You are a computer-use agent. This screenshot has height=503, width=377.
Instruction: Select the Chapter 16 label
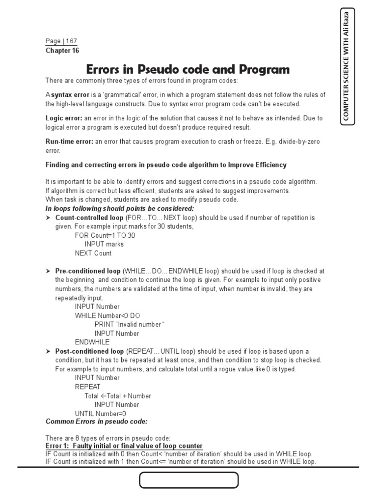pyautogui.click(x=62, y=51)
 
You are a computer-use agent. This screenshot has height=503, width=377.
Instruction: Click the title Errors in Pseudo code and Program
pyautogui.click(x=188, y=69)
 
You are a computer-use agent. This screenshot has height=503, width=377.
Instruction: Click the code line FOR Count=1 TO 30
pyautogui.click(x=105, y=235)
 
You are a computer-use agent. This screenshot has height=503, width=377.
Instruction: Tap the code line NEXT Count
pyautogui.click(x=93, y=253)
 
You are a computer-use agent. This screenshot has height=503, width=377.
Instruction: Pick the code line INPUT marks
pyautogui.click(x=104, y=244)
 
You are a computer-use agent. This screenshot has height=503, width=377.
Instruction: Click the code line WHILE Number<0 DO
pyautogui.click(x=107, y=315)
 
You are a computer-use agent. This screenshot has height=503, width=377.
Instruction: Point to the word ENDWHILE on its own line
pyautogui.click(x=92, y=342)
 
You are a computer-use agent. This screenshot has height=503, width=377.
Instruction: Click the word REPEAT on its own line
pyautogui.click(x=87, y=387)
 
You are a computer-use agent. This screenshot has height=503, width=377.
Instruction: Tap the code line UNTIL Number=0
pyautogui.click(x=100, y=414)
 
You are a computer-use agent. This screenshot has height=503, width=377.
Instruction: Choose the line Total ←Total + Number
pyautogui.click(x=118, y=396)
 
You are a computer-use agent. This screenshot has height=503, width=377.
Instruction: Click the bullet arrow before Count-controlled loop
pyautogui.click(x=49, y=217)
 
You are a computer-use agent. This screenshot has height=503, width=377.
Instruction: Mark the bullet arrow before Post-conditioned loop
pyautogui.click(x=49, y=351)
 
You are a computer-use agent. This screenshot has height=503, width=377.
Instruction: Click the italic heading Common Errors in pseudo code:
pyautogui.click(x=96, y=421)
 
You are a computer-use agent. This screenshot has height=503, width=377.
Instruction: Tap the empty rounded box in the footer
pyautogui.click(x=189, y=480)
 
